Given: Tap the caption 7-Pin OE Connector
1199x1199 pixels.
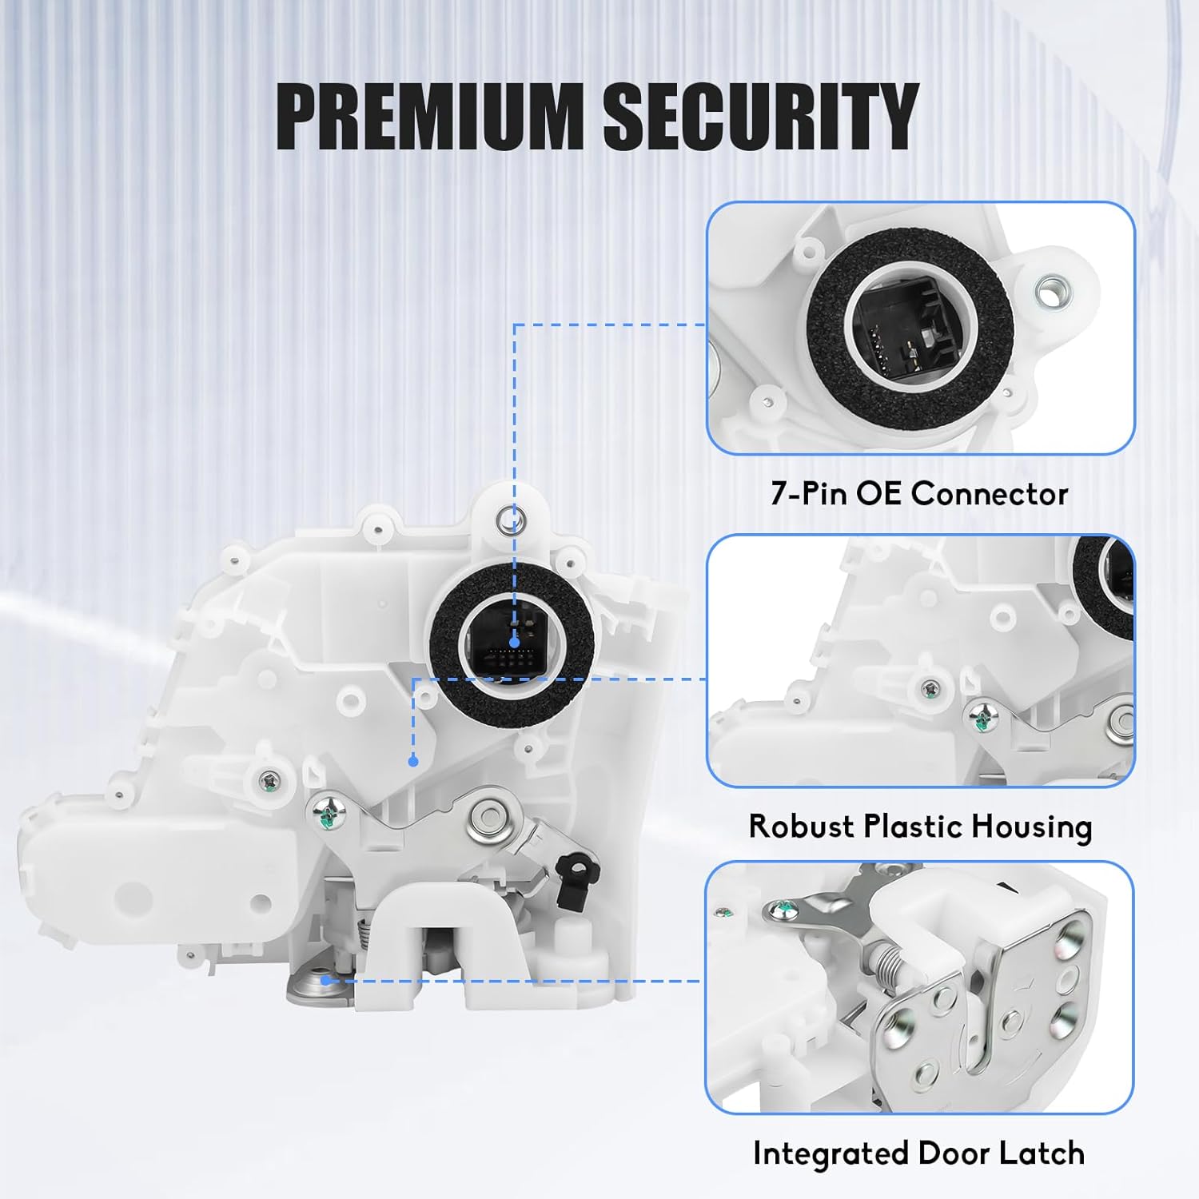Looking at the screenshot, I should click(919, 493).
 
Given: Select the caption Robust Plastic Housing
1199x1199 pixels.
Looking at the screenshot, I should click(920, 826).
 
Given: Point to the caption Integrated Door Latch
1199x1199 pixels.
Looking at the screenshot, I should click(918, 1153).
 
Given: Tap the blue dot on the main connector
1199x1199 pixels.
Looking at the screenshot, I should click(514, 642).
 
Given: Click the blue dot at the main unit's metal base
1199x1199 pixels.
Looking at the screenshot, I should click(325, 979).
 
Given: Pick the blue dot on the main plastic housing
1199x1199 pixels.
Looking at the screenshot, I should click(412, 761).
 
